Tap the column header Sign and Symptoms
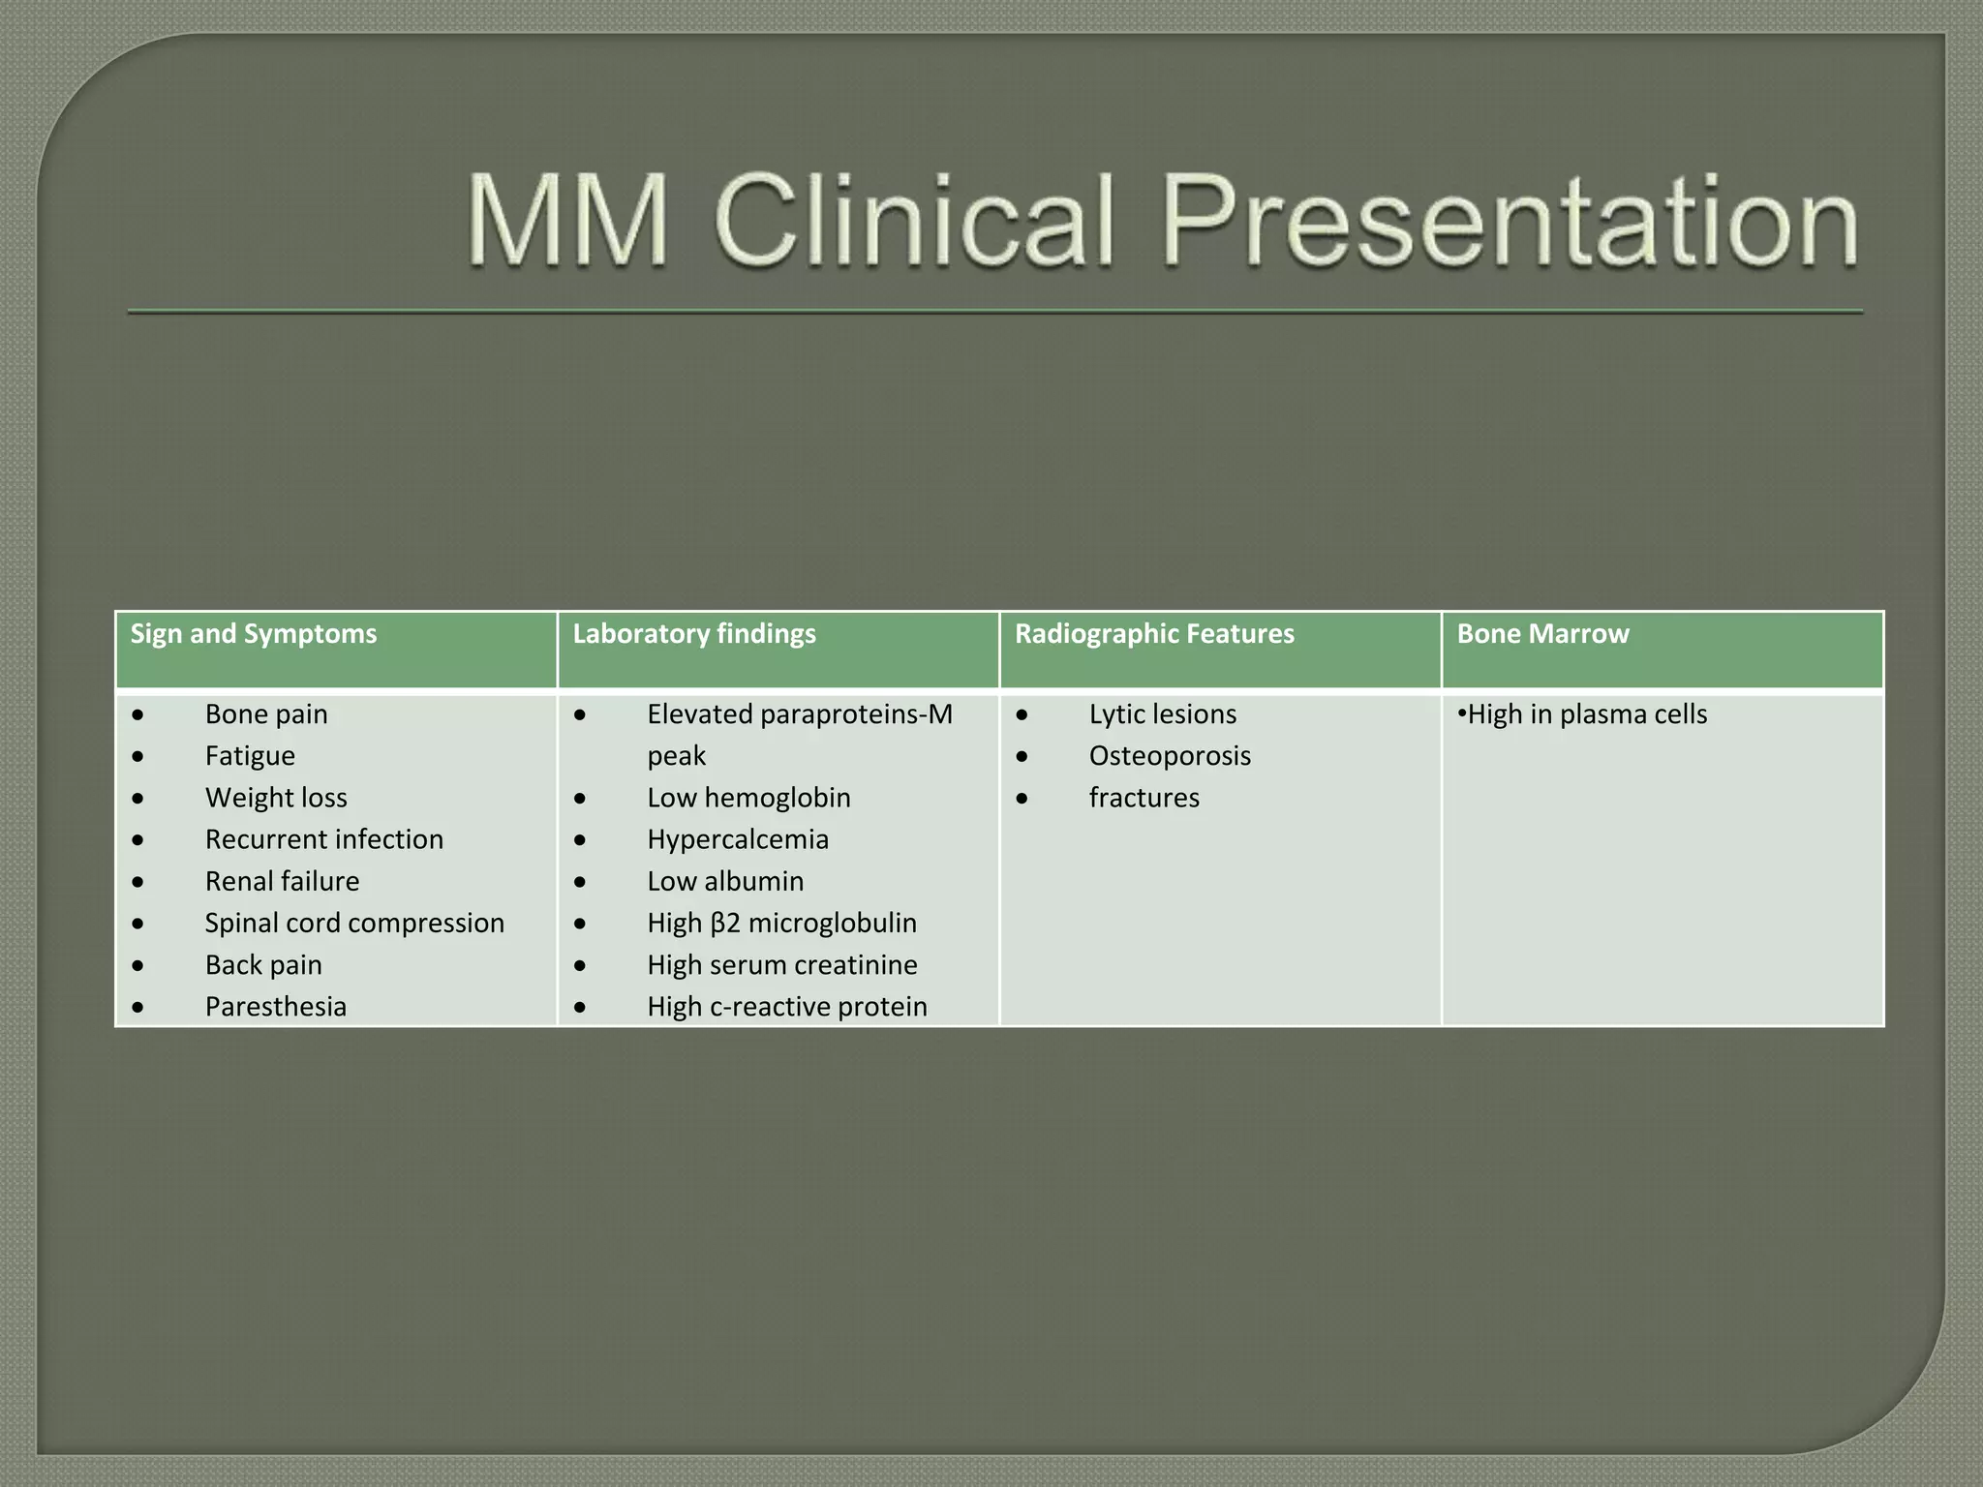[254, 634]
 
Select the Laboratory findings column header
[694, 634]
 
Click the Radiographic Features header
[1154, 634]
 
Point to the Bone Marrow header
[1542, 634]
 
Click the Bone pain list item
[266, 714]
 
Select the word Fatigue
[250, 756]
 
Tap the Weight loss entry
[276, 798]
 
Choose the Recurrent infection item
[324, 839]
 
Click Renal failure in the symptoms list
[282, 881]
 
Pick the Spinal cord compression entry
[354, 923]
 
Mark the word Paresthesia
[276, 1007]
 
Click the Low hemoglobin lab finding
[748, 798]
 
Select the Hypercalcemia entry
[738, 839]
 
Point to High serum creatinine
[782, 965]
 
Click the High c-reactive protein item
[787, 1007]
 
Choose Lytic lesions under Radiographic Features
[1163, 714]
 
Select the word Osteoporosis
[1170, 756]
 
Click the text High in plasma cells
[1587, 714]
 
